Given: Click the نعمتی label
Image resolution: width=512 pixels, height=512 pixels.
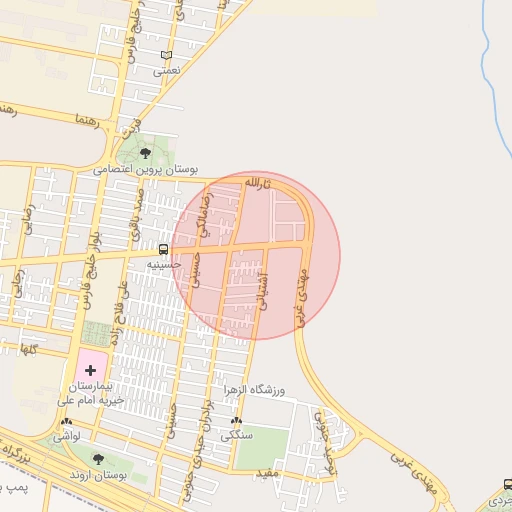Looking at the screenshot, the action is click(167, 72).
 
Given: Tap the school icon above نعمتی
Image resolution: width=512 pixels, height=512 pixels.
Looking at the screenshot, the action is click(166, 56).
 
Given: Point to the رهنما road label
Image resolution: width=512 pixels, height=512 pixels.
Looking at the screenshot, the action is click(86, 119).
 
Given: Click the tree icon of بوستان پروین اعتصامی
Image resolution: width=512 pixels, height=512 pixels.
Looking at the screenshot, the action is click(146, 153).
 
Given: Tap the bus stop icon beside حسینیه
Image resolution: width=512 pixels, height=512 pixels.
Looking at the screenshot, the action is click(163, 248).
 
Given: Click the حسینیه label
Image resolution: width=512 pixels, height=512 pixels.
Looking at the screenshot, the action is click(164, 264).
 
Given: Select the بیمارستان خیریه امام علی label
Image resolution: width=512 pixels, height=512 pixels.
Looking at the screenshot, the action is click(97, 392).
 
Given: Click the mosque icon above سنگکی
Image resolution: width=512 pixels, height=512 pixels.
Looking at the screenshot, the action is click(237, 421).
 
